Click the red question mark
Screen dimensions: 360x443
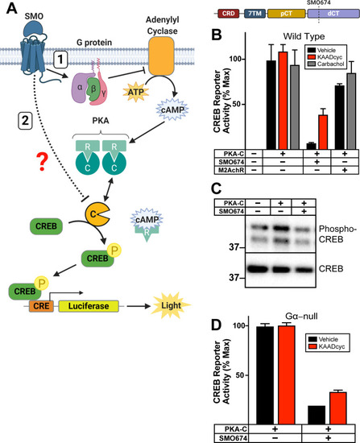[43, 161]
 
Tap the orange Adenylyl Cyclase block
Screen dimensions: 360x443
[161, 56]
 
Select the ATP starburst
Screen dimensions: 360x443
[136, 92]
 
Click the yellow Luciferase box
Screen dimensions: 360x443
[89, 306]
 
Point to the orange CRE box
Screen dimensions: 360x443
[41, 306]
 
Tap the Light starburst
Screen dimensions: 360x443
[171, 306]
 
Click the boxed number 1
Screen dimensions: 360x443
[60, 60]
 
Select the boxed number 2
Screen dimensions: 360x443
[25, 121]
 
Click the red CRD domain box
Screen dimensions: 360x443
[228, 14]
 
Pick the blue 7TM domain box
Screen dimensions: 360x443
[254, 14]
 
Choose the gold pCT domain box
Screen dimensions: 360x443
[287, 14]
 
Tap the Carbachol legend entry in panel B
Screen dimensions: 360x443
[326, 64]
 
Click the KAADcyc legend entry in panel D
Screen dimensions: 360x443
[327, 346]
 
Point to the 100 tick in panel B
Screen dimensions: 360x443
[236, 59]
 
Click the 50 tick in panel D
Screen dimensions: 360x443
[240, 375]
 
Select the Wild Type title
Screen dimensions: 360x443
[304, 36]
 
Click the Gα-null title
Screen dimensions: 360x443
[301, 317]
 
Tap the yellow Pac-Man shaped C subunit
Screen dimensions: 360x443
[97, 214]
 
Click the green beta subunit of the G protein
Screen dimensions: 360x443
[93, 89]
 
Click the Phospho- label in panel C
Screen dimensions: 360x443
[337, 229]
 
